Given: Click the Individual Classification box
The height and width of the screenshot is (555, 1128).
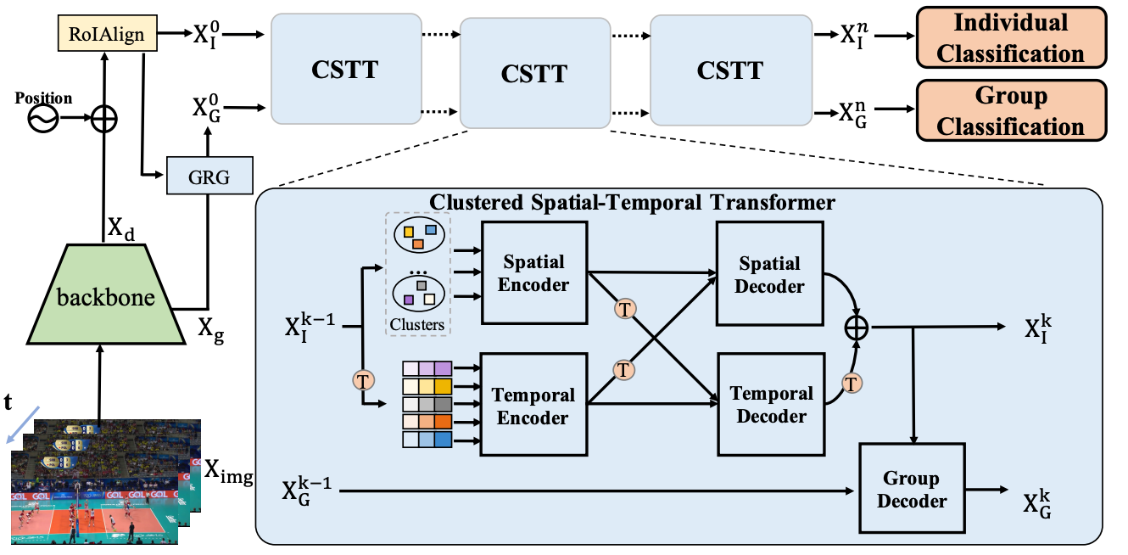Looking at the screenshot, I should tap(1011, 38).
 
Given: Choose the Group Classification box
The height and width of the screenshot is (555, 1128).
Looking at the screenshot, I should tap(1011, 110).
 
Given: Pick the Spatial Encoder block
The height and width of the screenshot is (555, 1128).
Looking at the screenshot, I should tap(533, 272).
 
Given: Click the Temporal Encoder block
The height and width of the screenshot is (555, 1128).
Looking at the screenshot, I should tap(533, 406).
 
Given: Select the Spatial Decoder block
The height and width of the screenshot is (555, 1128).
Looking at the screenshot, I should tap(769, 273).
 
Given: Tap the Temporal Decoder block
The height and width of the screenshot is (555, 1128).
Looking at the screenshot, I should tap(771, 405).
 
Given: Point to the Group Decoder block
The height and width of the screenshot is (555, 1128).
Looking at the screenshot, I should tap(912, 490).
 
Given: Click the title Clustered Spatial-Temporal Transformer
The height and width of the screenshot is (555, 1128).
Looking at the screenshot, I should tap(633, 203).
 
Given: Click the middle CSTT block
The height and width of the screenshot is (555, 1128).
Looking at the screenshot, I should tap(534, 72).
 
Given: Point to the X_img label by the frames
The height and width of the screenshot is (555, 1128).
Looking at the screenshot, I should tap(229, 472).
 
